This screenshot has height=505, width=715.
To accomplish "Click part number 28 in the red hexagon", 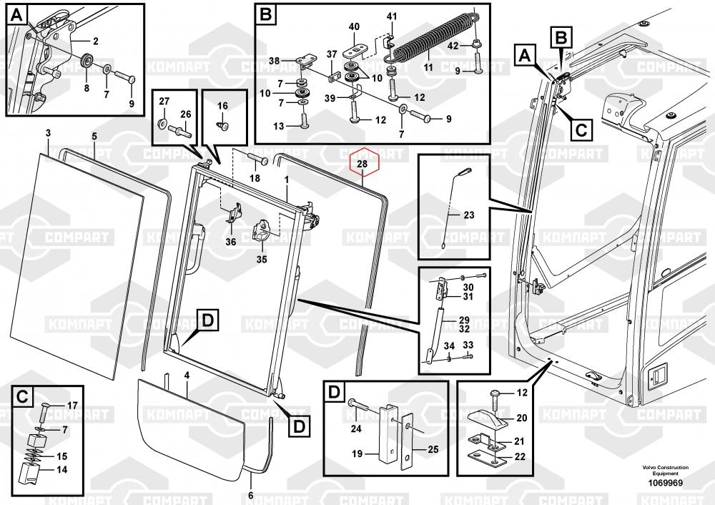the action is coord(363,164).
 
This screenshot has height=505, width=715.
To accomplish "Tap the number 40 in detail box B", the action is coord(354,27).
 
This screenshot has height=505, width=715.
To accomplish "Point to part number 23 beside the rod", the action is coord(469,215).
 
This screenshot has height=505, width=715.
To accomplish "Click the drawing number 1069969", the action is coord(666,483).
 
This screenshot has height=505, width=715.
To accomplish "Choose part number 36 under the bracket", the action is coord(231,242).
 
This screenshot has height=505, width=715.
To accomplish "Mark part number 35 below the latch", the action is coord(261,260).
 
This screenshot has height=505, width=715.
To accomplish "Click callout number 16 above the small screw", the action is coord(222,106).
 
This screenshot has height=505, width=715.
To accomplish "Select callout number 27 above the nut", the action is coord(164,102).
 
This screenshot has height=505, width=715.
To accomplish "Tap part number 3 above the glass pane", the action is coord(48,133).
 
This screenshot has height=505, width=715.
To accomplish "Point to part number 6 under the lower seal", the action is coord(250,496).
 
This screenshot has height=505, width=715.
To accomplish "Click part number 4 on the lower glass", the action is coord(187,375).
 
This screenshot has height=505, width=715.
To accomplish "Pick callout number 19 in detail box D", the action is coord(357,453).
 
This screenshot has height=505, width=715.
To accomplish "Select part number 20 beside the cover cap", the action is coord(522,418).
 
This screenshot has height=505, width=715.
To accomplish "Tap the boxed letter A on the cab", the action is coord(525,56).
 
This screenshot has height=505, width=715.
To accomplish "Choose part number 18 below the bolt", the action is coord(255,178).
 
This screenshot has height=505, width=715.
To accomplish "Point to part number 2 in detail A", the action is coord(95,41).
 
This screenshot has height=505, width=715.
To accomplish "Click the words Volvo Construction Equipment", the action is coord(666,471).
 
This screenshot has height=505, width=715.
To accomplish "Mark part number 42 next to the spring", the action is coord(453,46).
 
